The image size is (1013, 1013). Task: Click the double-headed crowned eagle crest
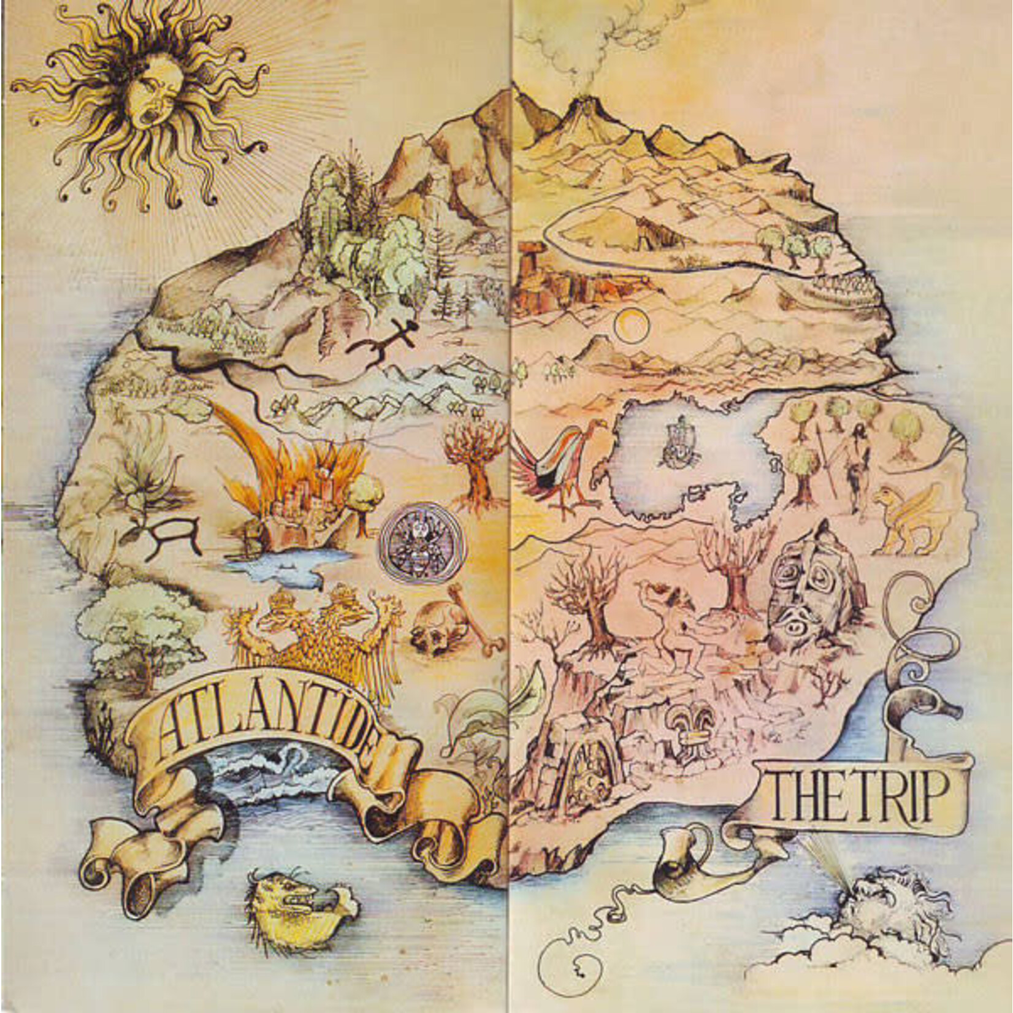coord(319,632)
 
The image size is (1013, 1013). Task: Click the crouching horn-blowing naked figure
coord(671,625)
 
